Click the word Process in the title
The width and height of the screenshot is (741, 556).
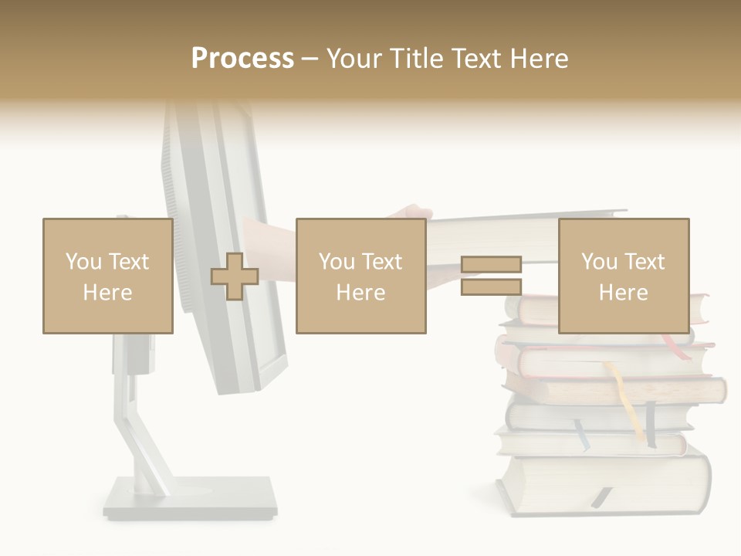tap(242, 58)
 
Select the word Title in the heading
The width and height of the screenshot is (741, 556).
tap(415, 58)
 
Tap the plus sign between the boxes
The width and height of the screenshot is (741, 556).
tap(235, 276)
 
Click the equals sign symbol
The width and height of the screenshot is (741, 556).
tap(491, 276)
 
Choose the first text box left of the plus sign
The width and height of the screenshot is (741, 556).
tap(107, 276)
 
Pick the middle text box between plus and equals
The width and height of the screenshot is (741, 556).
tap(360, 276)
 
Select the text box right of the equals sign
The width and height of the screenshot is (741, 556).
tap(623, 276)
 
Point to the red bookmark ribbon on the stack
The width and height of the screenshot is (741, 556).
tap(676, 345)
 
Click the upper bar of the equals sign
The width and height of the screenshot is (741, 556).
tap(491, 265)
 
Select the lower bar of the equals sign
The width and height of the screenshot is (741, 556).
tap(491, 287)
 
